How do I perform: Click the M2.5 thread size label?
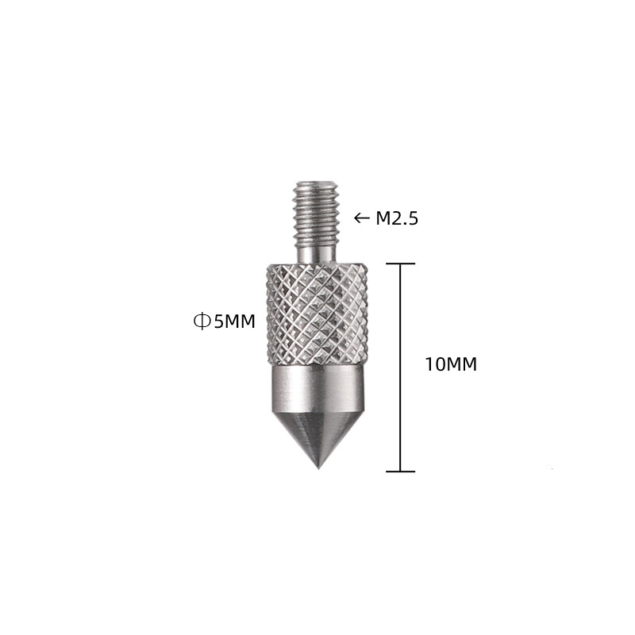(x=396, y=218)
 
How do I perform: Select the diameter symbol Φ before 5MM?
(x=201, y=321)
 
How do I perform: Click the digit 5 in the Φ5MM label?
(x=217, y=321)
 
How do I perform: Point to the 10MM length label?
(x=451, y=365)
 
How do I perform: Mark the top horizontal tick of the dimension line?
(x=400, y=264)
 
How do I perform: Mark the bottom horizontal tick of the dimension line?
(x=400, y=471)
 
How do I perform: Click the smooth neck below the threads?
(x=316, y=252)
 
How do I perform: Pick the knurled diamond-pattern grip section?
(x=317, y=314)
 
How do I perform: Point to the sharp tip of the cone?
(x=318, y=467)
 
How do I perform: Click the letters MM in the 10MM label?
(x=464, y=365)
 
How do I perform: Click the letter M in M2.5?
(x=383, y=218)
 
